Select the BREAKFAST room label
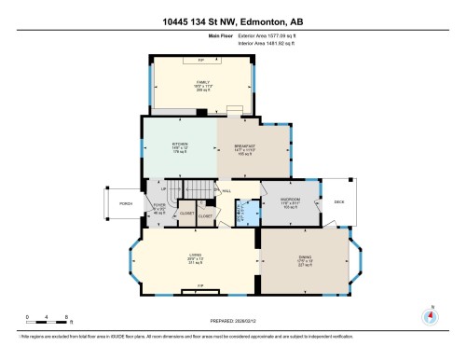(x=240, y=144)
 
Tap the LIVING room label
(x=194, y=256)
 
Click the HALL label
(x=226, y=190)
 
